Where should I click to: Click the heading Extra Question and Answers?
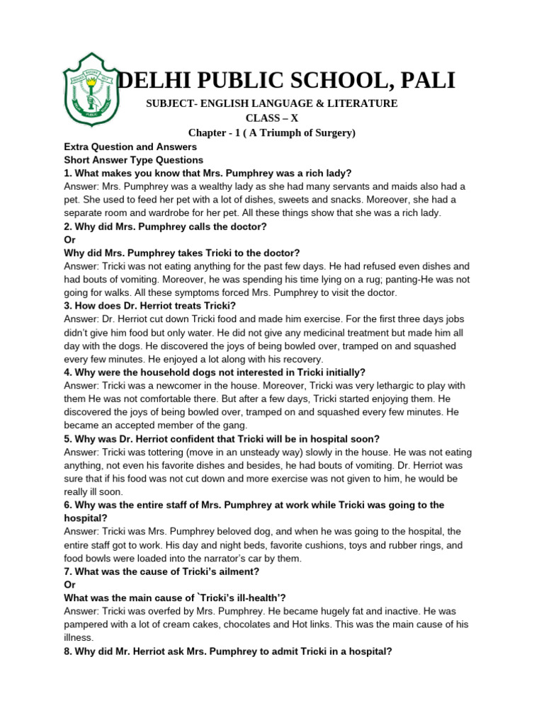(x=129, y=147)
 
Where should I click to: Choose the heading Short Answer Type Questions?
(x=134, y=160)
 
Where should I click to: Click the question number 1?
(x=67, y=173)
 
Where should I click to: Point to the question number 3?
(x=67, y=306)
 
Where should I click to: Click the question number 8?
(x=67, y=651)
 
